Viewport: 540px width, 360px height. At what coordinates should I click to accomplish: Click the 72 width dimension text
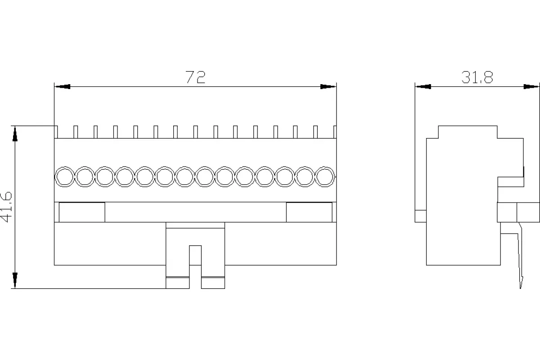tap(195, 77)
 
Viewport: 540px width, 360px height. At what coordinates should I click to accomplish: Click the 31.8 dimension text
tap(477, 77)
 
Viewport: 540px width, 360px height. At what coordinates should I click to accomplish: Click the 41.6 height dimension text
tap(6, 207)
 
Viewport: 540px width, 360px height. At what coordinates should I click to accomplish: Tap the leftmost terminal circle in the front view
tap(65, 177)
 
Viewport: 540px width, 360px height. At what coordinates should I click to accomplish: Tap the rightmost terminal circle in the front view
tap(325, 177)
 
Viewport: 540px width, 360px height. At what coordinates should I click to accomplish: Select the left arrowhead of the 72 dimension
tap(63, 86)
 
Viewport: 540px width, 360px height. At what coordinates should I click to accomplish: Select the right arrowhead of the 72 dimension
tap(328, 86)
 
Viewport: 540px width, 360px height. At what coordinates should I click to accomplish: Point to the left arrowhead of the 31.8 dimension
tap(423, 86)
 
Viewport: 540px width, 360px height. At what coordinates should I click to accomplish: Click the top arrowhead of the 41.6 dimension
tap(15, 134)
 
